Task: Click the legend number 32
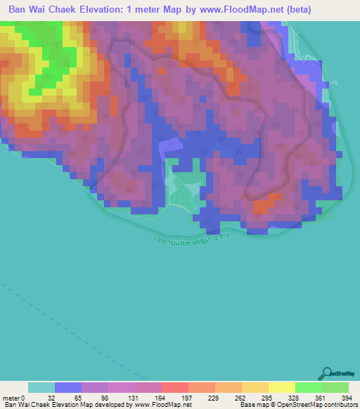click(51, 398)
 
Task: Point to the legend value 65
click(78, 398)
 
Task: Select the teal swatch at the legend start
click(41, 387)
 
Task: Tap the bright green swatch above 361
click(308, 387)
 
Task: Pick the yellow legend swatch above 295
click(255, 387)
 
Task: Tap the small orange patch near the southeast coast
click(263, 206)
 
